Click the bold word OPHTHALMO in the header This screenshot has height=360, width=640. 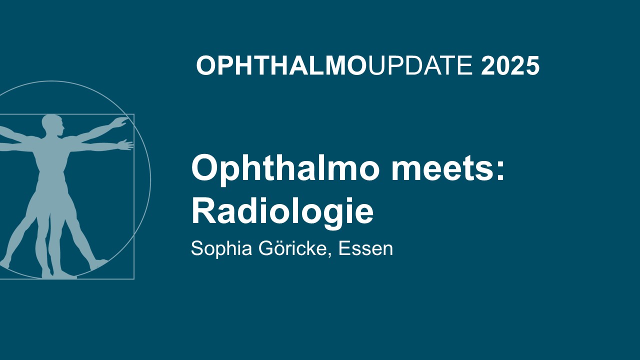coord(281,66)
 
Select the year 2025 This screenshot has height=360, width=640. coord(510,66)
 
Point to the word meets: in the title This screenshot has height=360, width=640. coord(447,168)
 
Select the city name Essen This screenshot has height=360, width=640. coord(365,248)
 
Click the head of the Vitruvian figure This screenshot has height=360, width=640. coord(52,125)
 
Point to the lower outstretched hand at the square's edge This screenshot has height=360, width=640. coord(125,144)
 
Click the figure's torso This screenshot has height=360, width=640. coord(51,160)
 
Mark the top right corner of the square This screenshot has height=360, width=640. coord(134,114)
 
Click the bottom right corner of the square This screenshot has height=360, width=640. coord(134,279)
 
